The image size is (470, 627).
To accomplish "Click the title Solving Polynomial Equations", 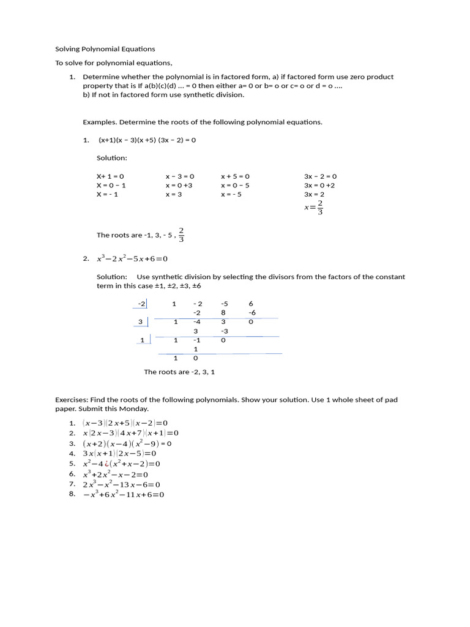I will (105, 49).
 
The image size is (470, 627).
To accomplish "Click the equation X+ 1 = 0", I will (110, 176).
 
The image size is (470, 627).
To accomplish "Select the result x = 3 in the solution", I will (174, 195).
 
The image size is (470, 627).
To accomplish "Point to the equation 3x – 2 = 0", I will (320, 176).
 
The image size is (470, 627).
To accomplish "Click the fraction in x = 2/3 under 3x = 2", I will (320, 208).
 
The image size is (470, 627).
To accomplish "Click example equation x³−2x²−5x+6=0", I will (132, 259).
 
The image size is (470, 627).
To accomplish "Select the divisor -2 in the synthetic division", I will (142, 304).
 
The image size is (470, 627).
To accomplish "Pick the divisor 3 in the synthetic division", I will (140, 321).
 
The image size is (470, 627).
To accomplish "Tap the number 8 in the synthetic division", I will (223, 312).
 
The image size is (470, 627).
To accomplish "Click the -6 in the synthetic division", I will (252, 312).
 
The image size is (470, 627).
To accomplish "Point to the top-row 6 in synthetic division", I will (251, 304).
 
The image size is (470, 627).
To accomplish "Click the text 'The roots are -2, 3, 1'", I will (179, 372).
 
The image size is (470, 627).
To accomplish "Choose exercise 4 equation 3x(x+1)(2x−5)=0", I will (120, 454).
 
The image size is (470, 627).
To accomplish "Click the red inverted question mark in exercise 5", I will (112, 464).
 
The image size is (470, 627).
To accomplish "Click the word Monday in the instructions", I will (134, 408).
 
